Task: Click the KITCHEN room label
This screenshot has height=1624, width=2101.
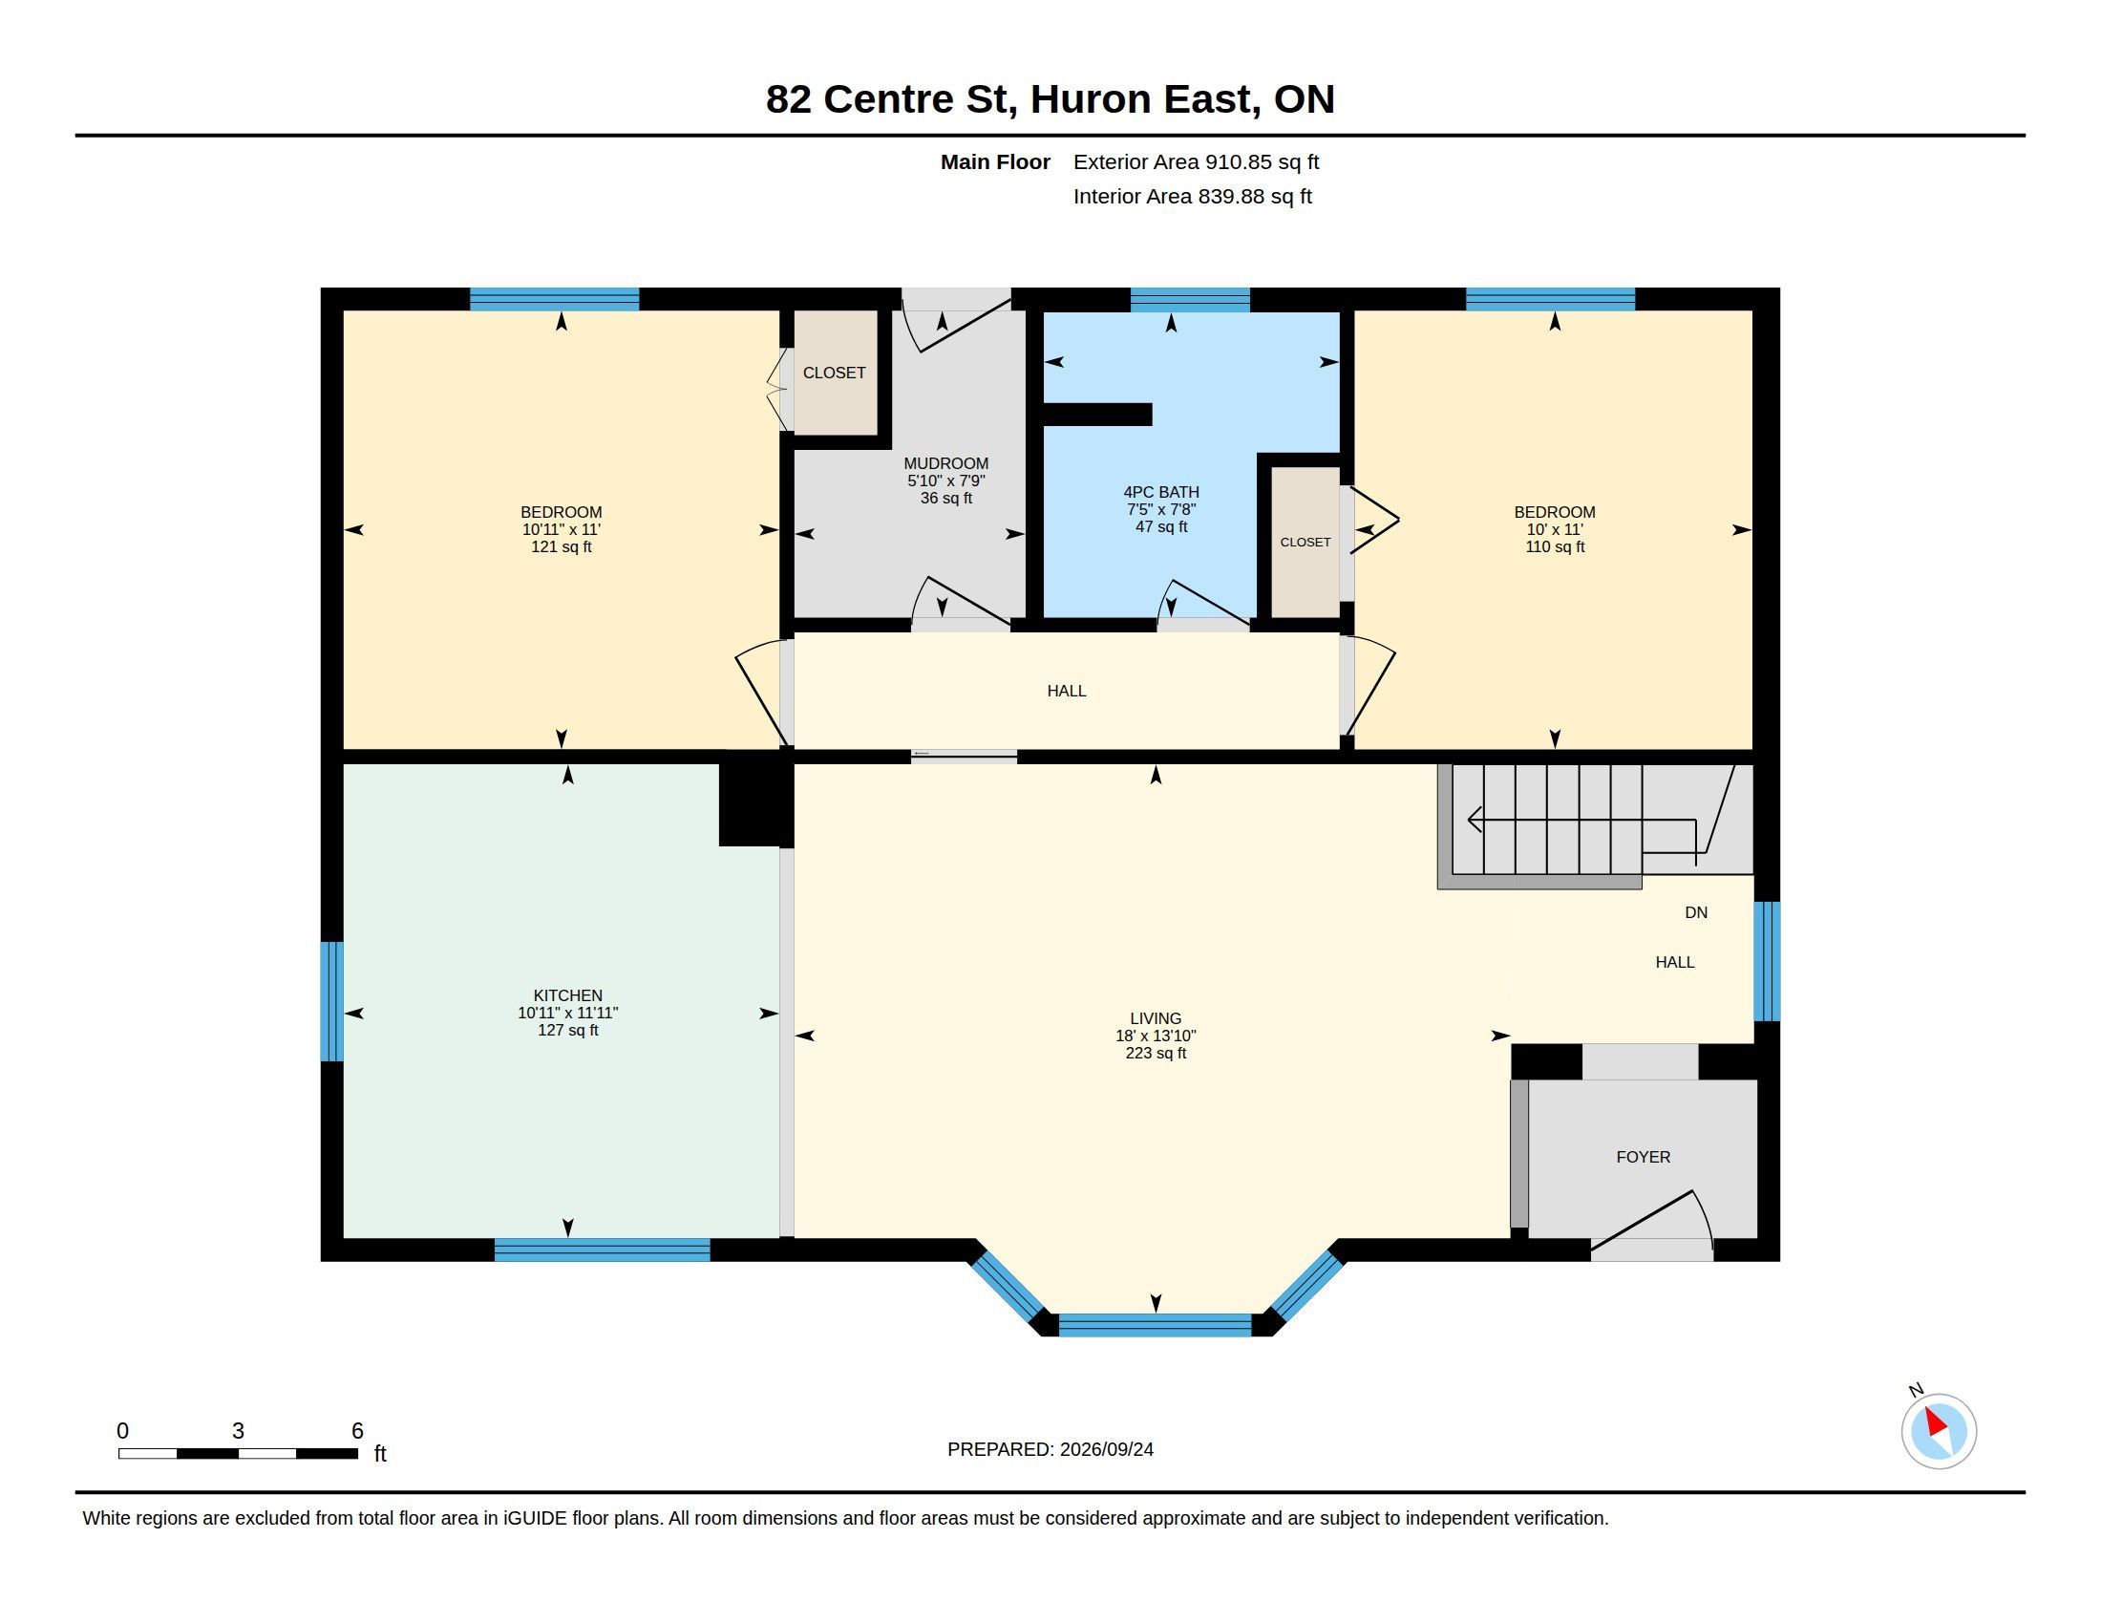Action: pyautogui.click(x=567, y=995)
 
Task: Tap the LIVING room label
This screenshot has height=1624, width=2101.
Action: pyautogui.click(x=1156, y=1019)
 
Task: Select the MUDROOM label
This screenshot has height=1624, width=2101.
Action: pyautogui.click(x=945, y=463)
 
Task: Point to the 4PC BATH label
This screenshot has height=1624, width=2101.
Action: pyautogui.click(x=1161, y=493)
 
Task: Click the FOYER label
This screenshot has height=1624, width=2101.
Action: pyautogui.click(x=1644, y=1158)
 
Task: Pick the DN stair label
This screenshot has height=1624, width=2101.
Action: pyautogui.click(x=1696, y=913)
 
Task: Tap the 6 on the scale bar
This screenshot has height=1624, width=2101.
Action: pyautogui.click(x=357, y=1431)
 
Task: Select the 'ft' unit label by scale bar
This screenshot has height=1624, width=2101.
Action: pyautogui.click(x=380, y=1454)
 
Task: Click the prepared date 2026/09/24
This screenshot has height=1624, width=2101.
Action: pyautogui.click(x=1106, y=1449)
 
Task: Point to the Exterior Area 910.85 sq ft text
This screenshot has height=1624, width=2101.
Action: pyautogui.click(x=1196, y=162)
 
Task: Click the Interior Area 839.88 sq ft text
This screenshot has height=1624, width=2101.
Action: pyautogui.click(x=1192, y=196)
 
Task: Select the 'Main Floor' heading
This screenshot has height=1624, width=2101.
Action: pyautogui.click(x=995, y=162)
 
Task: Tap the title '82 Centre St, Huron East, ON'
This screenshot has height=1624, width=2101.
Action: pyautogui.click(x=1050, y=99)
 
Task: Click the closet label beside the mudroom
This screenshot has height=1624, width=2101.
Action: pyautogui.click(x=834, y=374)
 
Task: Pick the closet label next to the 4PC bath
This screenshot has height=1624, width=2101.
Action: pyautogui.click(x=1305, y=543)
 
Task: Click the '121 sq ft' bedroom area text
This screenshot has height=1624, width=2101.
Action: pyautogui.click(x=561, y=547)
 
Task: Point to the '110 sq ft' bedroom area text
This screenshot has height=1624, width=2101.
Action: pyautogui.click(x=1555, y=547)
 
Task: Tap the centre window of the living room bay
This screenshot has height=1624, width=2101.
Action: pyautogui.click(x=1155, y=1325)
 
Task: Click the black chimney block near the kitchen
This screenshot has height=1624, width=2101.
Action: pyautogui.click(x=756, y=804)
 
